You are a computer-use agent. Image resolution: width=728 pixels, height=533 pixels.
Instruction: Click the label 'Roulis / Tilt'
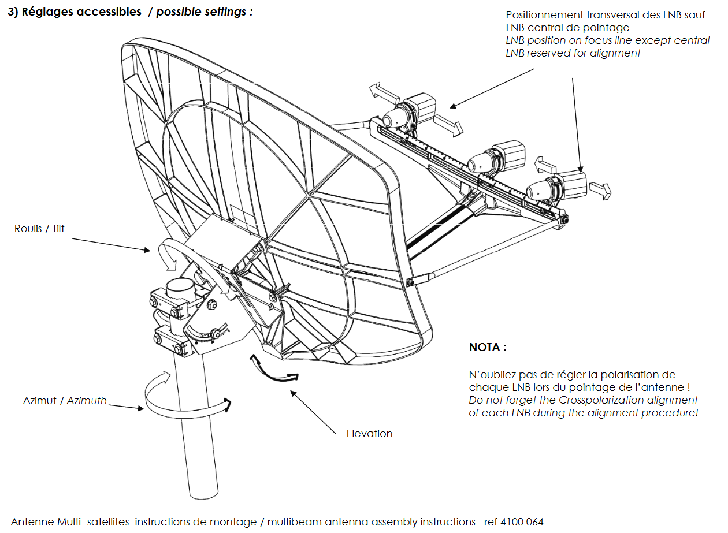[x=39, y=229]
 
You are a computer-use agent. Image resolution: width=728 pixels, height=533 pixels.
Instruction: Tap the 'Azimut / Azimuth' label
[x=65, y=400]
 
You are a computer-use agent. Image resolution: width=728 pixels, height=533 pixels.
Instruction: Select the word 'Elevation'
[x=369, y=434]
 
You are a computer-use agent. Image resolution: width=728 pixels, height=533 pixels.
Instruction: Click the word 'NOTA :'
[x=488, y=348]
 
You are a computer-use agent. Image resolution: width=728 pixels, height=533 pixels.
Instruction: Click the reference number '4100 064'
[x=522, y=522]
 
